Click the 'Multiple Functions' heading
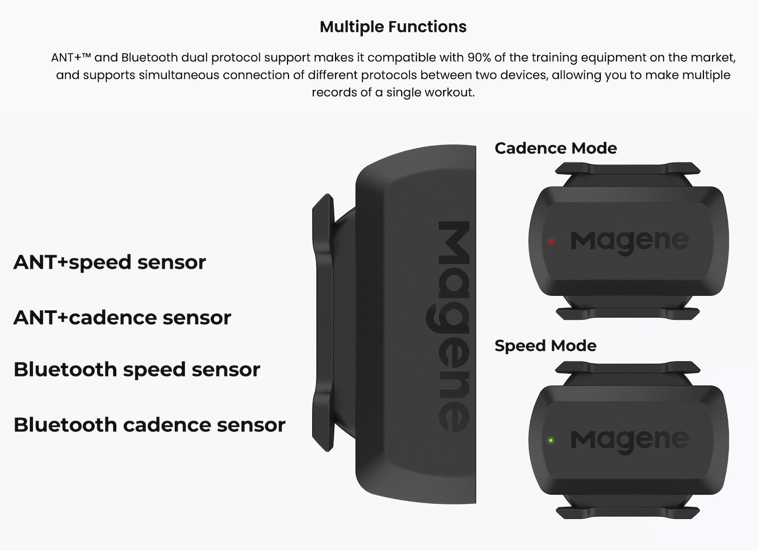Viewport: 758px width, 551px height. click(393, 27)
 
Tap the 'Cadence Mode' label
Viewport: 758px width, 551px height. click(555, 148)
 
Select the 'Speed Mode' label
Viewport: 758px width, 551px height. click(545, 346)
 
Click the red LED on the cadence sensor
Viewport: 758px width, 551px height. click(551, 242)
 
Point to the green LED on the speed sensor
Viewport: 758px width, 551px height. click(551, 440)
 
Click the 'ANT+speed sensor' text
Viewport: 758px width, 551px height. click(110, 262)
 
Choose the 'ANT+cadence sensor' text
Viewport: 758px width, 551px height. click(122, 318)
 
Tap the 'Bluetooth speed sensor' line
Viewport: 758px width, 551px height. click(136, 370)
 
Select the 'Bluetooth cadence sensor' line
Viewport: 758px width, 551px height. click(149, 425)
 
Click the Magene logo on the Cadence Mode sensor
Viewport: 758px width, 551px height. click(629, 241)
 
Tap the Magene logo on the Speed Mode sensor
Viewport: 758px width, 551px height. click(629, 440)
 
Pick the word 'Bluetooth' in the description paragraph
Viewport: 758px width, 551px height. click(149, 58)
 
